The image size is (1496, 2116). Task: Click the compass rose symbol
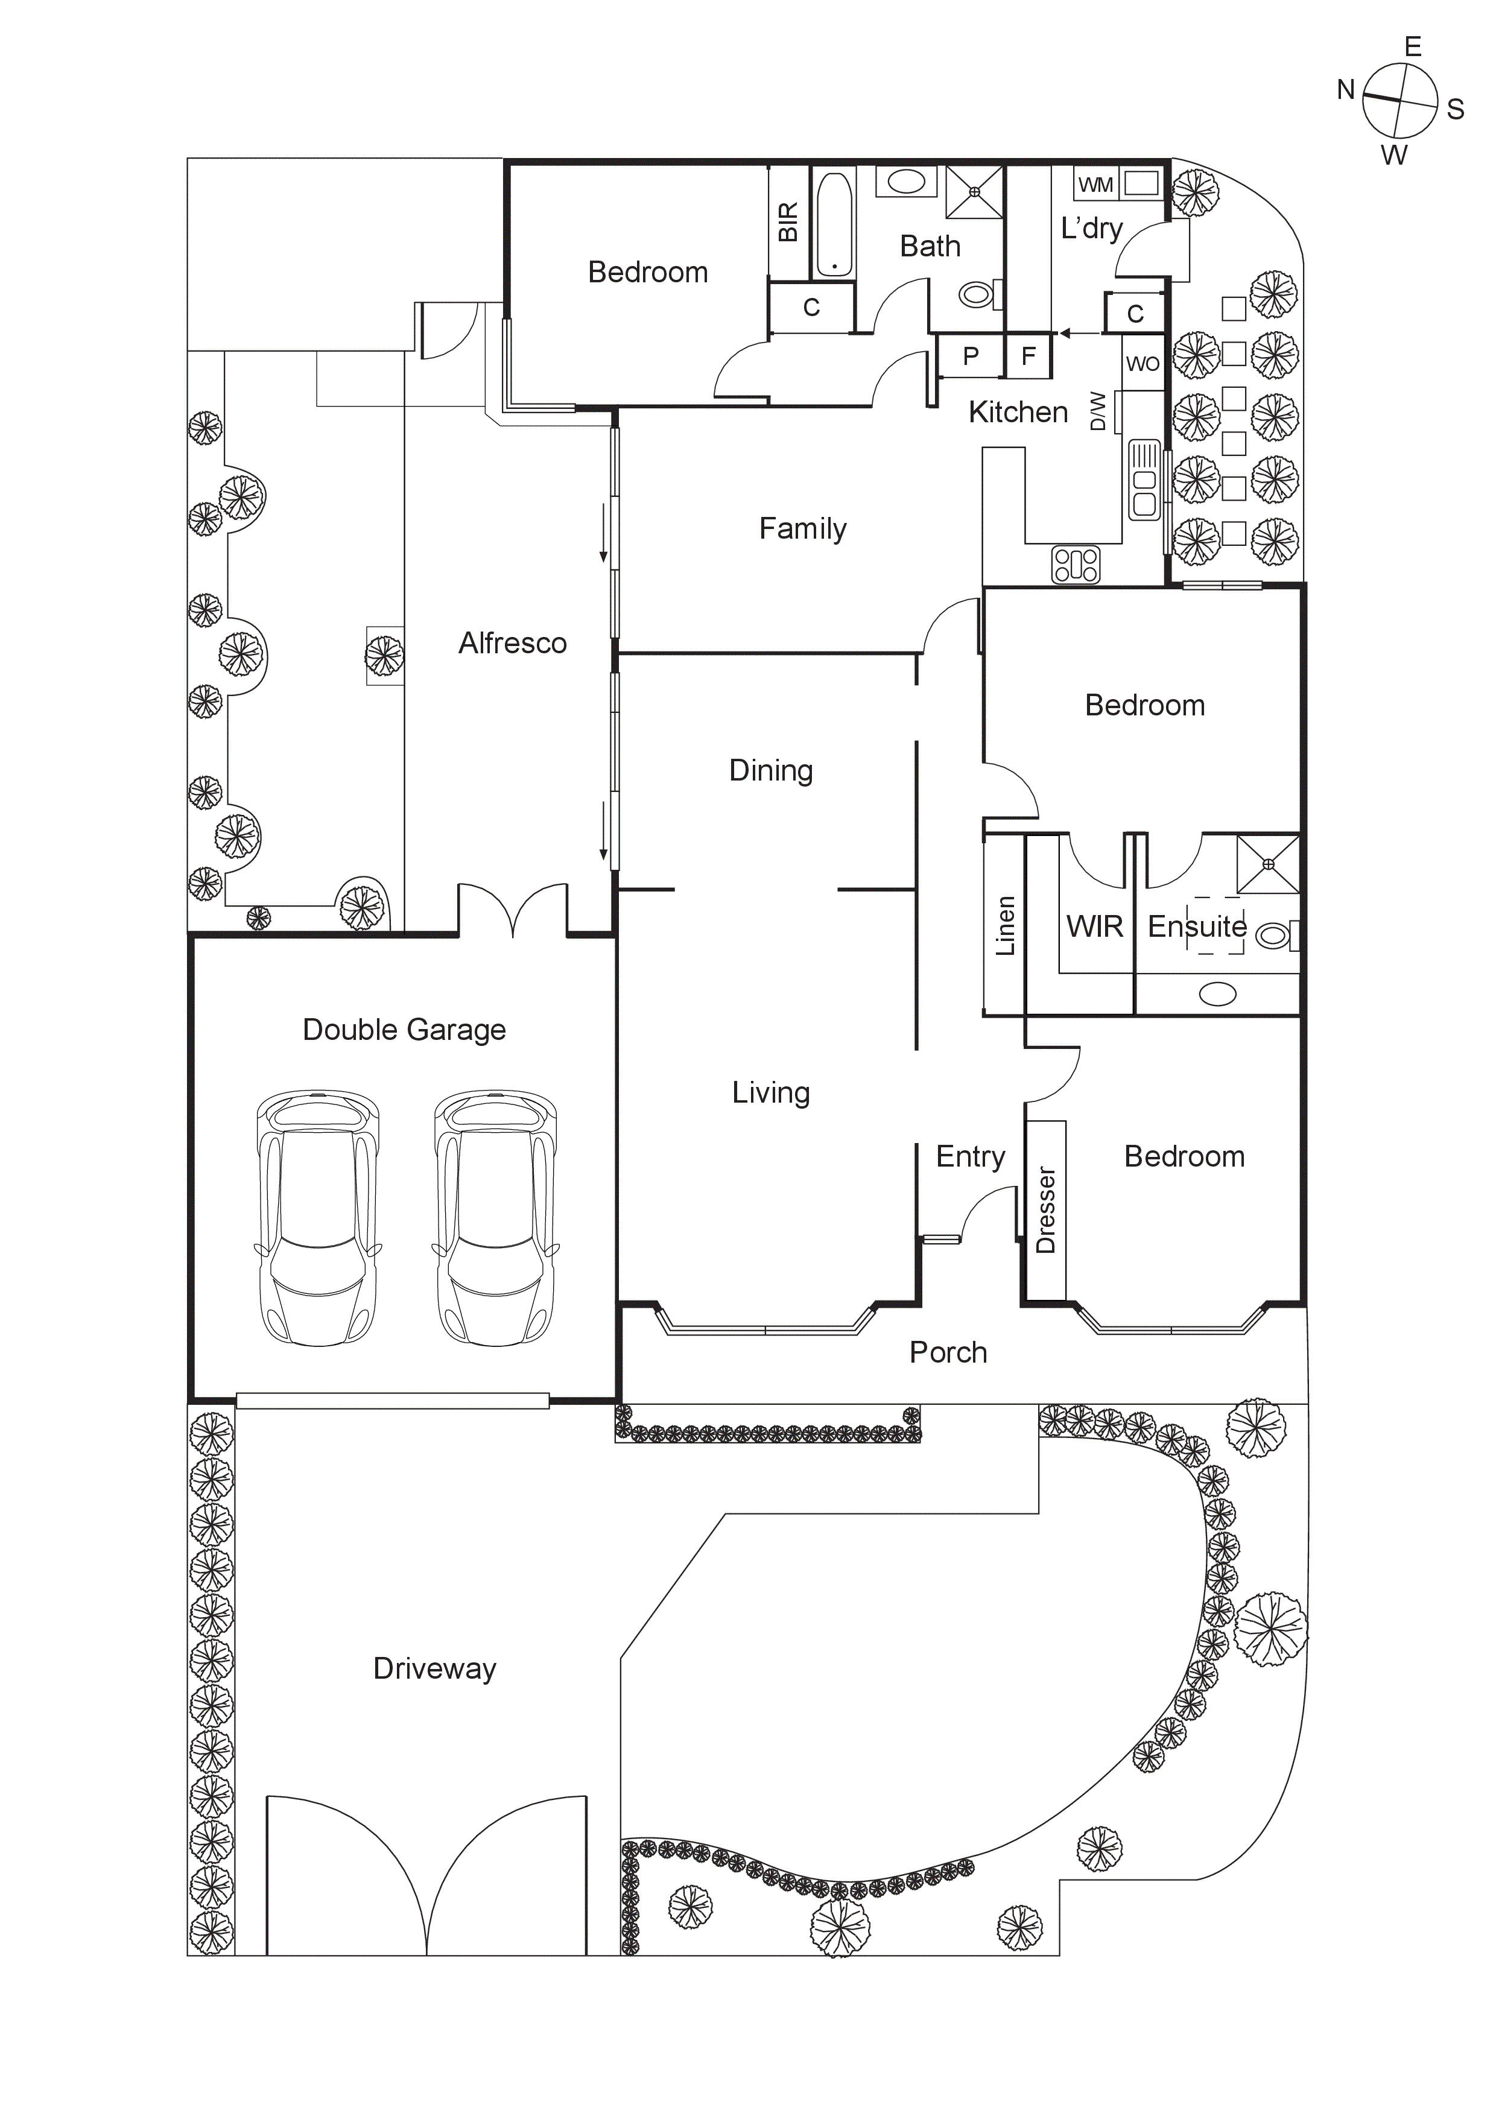click(x=1399, y=100)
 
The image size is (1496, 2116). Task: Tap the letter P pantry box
click(x=971, y=356)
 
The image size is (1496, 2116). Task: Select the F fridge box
click(x=1028, y=356)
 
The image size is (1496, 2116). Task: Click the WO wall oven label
click(x=1142, y=364)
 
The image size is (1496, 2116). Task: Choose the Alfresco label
click(x=513, y=643)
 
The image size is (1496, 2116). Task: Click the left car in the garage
click(x=318, y=1218)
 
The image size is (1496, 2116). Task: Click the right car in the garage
click(x=496, y=1218)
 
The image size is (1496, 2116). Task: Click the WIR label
click(x=1094, y=927)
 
